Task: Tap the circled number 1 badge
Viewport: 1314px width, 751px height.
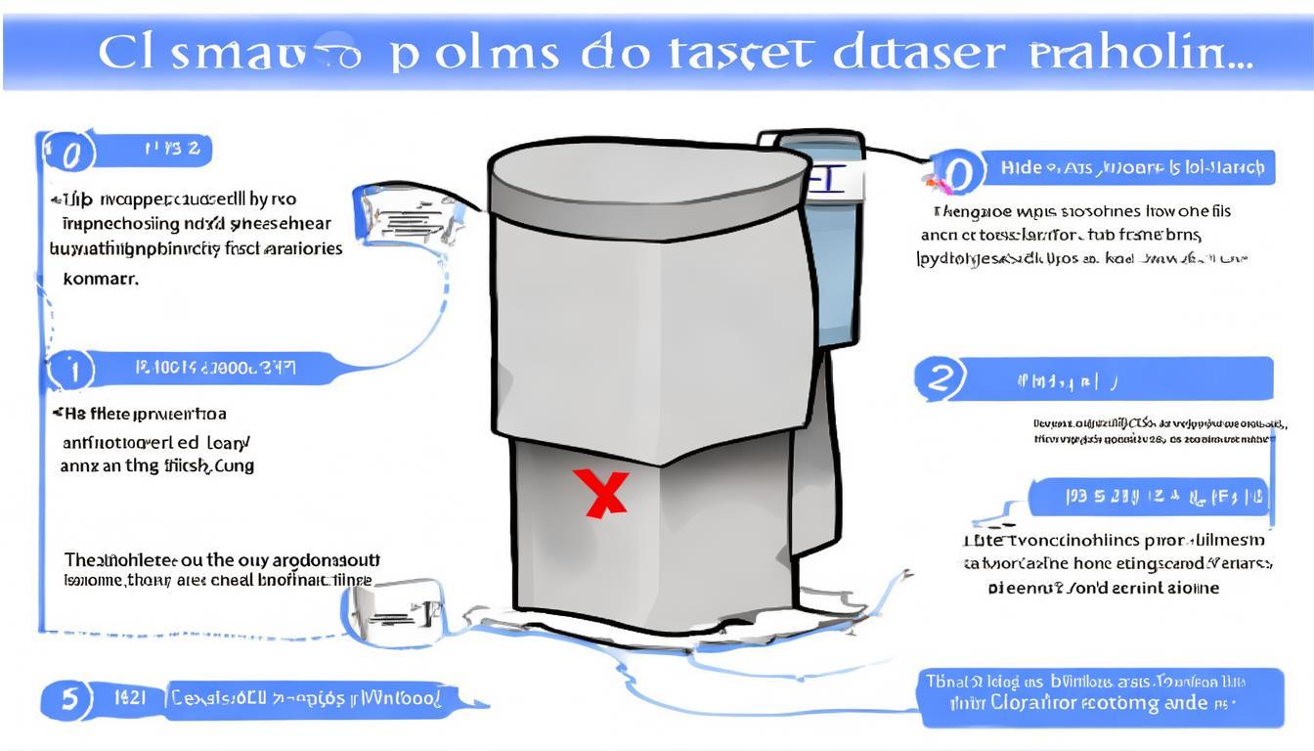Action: click(70, 371)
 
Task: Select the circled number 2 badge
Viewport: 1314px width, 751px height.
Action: click(940, 378)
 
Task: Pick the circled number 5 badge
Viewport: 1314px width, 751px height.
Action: click(68, 699)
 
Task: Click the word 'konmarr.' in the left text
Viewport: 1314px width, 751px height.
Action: click(101, 278)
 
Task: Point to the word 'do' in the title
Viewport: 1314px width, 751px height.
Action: click(611, 54)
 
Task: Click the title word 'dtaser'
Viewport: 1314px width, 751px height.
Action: click(917, 54)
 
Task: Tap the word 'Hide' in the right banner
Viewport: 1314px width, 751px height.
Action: click(1021, 167)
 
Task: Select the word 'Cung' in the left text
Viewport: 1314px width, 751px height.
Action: click(235, 466)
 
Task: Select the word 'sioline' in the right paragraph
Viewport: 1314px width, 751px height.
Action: click(1186, 588)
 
